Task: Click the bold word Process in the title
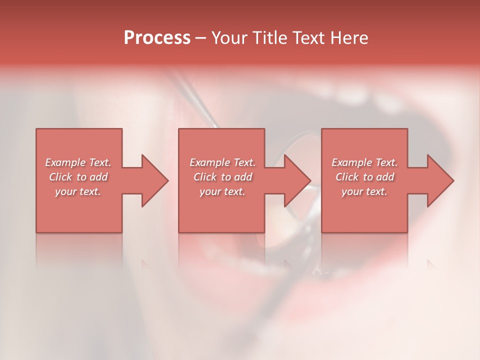coord(157,38)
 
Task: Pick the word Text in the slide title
coord(310,38)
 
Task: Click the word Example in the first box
coord(65,162)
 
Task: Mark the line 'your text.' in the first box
coord(78,191)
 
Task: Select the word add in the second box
coord(243,177)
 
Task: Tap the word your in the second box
coord(210,191)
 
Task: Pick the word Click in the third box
coord(347,177)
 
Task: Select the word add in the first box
coord(99,177)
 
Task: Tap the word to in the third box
coord(368,177)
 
